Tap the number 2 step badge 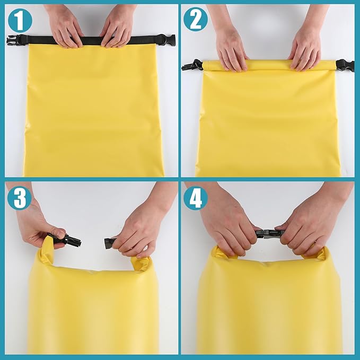point(196,20)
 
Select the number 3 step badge point(20,198)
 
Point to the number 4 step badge point(196,198)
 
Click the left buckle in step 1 point(14,39)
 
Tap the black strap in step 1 point(90,40)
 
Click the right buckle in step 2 point(345,65)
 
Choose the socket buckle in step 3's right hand point(110,242)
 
